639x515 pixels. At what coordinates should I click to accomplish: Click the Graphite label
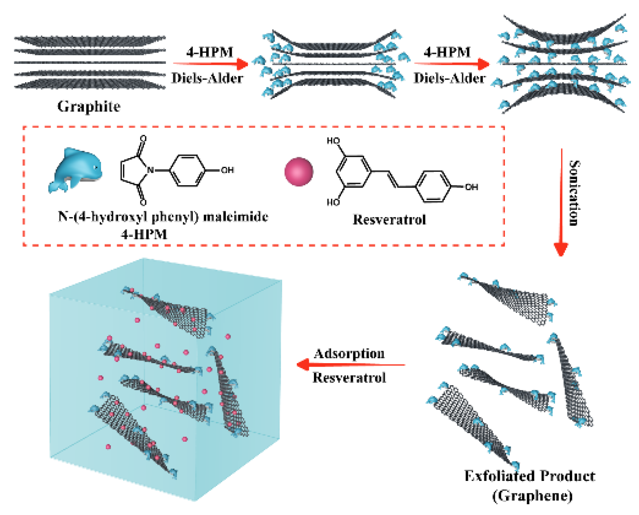tap(89, 107)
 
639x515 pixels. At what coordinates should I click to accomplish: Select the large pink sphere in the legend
tap(299, 171)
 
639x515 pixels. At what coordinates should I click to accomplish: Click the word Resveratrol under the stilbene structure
tap(389, 220)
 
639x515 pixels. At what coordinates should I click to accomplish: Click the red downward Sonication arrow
tap(561, 202)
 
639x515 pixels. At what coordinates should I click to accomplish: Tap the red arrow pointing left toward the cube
tap(350, 364)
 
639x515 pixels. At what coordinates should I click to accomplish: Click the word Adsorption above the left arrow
tap(349, 353)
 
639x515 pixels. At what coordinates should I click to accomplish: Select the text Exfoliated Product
tap(530, 476)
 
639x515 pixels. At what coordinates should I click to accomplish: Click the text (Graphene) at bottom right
tap(533, 496)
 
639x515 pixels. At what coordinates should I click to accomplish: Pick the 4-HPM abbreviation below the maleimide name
tap(144, 234)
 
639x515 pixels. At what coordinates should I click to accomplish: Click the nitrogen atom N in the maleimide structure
tap(151, 170)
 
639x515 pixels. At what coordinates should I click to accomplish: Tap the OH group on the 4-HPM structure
tap(227, 170)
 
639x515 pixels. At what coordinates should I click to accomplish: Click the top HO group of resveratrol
tap(333, 141)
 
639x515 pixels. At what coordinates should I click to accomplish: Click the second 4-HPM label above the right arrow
tap(447, 52)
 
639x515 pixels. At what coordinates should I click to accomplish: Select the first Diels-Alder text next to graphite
tap(207, 78)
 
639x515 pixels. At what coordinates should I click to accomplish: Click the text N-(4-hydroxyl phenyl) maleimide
tap(163, 217)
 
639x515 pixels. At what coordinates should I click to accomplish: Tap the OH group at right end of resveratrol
tap(471, 187)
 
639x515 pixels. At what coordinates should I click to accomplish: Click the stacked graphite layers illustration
tap(90, 62)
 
